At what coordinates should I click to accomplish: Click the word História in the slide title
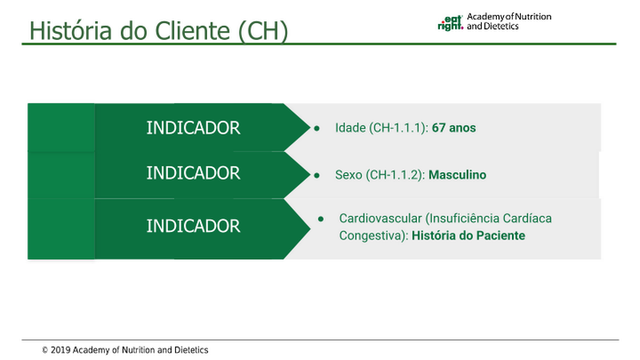pos(70,30)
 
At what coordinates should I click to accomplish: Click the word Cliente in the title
pos(193,30)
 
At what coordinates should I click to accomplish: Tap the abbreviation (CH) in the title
pos(263,31)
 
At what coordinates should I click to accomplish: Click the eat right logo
pos(450,23)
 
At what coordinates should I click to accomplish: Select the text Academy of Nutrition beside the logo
pos(509,17)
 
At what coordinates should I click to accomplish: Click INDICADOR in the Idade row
pos(193,128)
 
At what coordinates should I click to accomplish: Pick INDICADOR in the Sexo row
pos(193,173)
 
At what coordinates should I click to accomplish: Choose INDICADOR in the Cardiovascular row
pos(193,226)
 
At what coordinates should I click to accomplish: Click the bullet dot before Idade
pos(317,128)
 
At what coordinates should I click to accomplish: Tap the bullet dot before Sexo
pos(317,175)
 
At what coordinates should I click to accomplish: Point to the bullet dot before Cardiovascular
pos(321,219)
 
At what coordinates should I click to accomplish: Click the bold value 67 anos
pos(454,128)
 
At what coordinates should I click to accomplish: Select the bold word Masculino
pos(457,174)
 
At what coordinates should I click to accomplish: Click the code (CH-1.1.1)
pos(398,128)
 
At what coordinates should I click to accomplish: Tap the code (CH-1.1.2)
pos(395,175)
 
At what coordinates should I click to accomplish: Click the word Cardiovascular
pos(380,218)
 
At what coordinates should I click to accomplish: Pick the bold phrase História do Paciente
pos(468,235)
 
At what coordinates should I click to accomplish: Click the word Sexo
pos(349,174)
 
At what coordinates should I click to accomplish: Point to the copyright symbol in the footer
pos(45,350)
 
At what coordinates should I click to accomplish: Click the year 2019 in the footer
pos(61,350)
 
